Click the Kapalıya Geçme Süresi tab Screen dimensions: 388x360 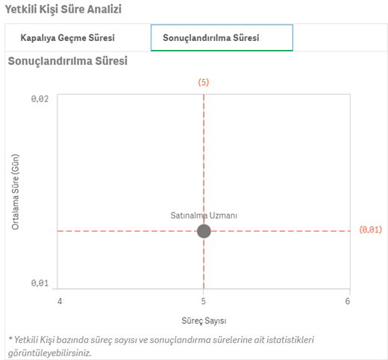(x=67, y=38)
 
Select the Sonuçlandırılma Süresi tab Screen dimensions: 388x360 (x=222, y=38)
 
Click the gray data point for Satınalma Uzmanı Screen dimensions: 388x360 (x=204, y=231)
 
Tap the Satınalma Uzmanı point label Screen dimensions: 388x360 (x=204, y=215)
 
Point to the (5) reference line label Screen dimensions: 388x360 (x=204, y=82)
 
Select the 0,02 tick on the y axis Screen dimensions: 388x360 (x=40, y=99)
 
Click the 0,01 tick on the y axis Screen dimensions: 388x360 (x=40, y=282)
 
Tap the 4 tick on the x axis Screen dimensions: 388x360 (x=60, y=301)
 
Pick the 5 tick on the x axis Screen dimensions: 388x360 (x=204, y=301)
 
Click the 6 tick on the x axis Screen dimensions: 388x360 (x=348, y=301)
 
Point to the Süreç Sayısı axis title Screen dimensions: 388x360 (x=204, y=320)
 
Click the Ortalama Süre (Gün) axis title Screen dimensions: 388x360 (x=15, y=192)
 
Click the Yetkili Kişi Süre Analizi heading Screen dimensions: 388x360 (x=63, y=10)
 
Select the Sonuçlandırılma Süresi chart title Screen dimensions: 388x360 (x=68, y=61)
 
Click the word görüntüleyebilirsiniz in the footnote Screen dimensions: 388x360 (x=50, y=353)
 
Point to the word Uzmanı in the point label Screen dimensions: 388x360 (x=223, y=215)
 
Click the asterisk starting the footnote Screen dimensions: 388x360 (x=10, y=338)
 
